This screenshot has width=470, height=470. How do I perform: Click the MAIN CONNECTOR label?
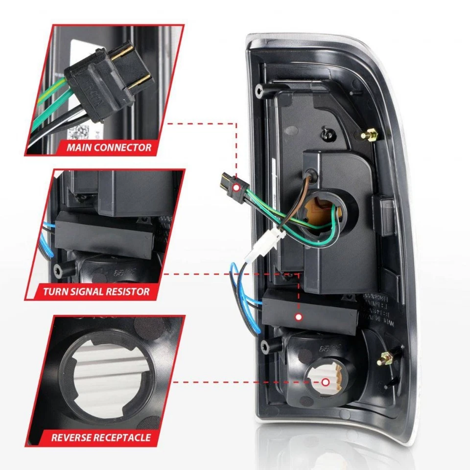pyautogui.click(x=109, y=146)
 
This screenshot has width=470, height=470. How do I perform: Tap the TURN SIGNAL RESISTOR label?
pyautogui.click(x=95, y=292)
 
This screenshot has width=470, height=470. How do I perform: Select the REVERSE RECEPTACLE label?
pyautogui.click(x=101, y=437)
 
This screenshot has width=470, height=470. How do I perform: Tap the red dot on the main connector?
pyautogui.click(x=237, y=188)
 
